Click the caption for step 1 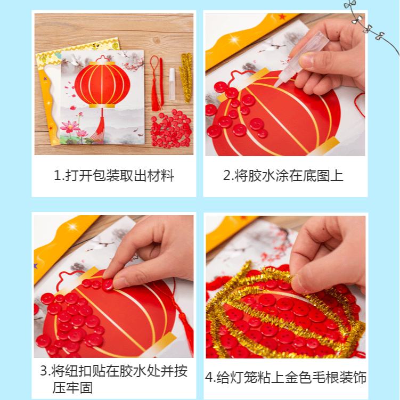pyautogui.click(x=114, y=176)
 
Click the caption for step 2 pyautogui.click(x=283, y=176)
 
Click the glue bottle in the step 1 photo pyautogui.click(x=172, y=83)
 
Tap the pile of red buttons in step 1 pyautogui.click(x=172, y=128)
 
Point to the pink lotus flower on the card pyautogui.click(x=69, y=127)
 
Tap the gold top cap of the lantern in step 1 pyautogui.click(x=101, y=61)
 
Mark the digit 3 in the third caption pyautogui.click(x=44, y=371)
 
